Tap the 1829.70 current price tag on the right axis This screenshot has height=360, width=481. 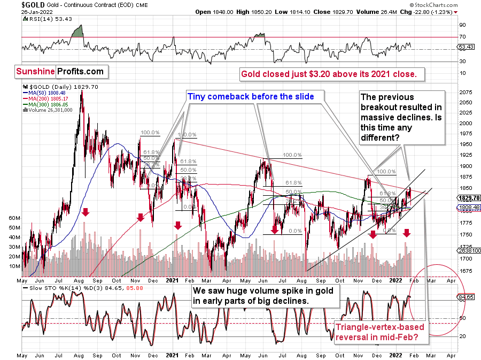(x=465, y=198)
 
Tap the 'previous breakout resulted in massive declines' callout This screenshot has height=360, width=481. (x=402, y=117)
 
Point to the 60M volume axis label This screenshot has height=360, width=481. (x=14, y=219)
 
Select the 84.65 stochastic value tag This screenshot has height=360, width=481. (x=465, y=296)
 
